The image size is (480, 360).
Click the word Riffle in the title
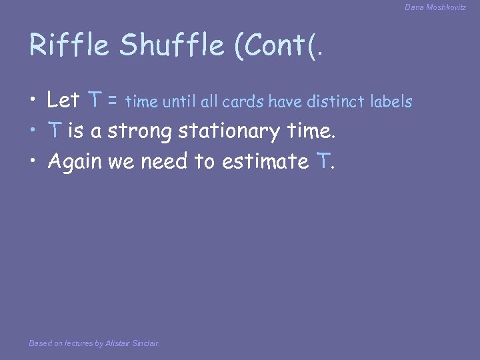pyautogui.click(x=70, y=45)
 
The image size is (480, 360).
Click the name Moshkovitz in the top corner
pyautogui.click(x=447, y=7)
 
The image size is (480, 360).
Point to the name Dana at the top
pyautogui.click(x=414, y=7)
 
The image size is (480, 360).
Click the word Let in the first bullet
pyautogui.click(x=63, y=101)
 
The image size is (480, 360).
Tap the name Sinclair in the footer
pyautogui.click(x=145, y=344)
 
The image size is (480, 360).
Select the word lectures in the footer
pyautogui.click(x=79, y=344)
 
